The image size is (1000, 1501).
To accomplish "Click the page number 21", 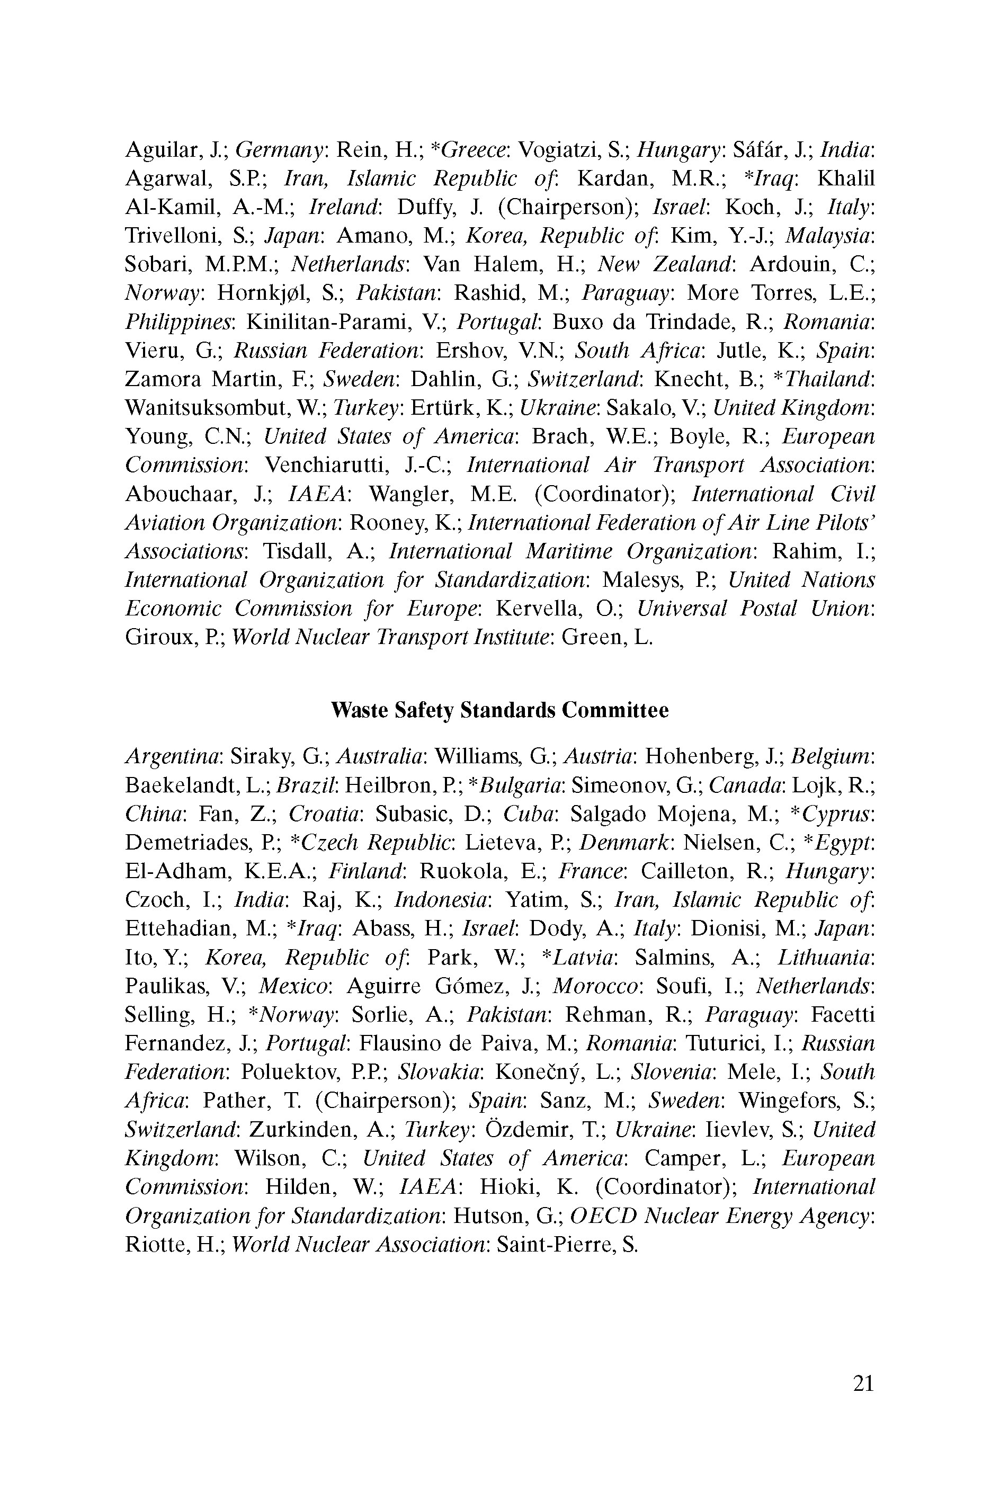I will click(862, 1383).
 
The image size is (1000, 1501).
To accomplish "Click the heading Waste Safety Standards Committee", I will click(499, 710).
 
